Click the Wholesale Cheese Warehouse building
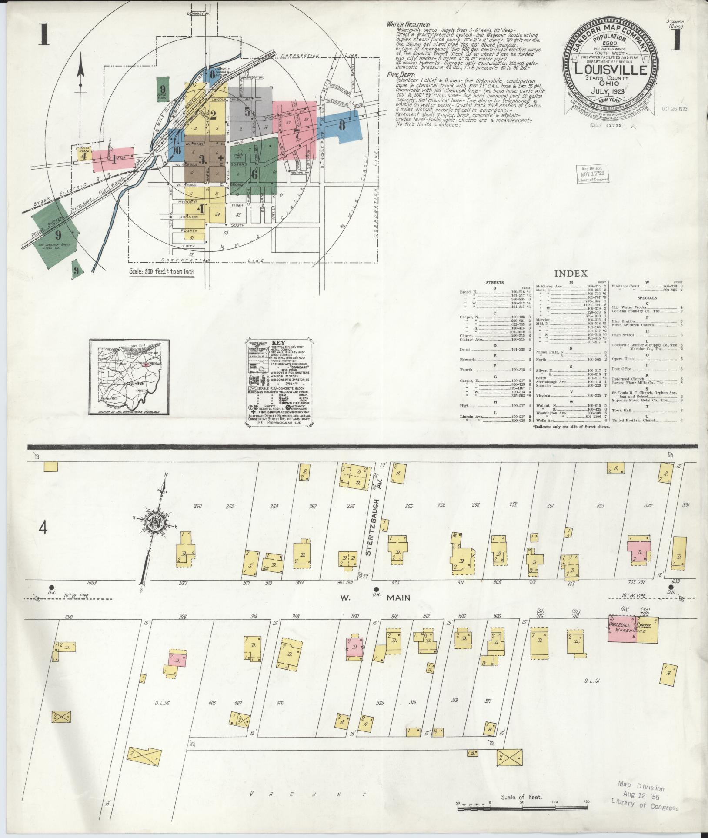[x=633, y=629]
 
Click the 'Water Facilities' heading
[x=408, y=24]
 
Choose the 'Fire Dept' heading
[x=399, y=75]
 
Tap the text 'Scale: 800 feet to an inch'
[x=162, y=272]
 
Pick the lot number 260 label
[x=198, y=506]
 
